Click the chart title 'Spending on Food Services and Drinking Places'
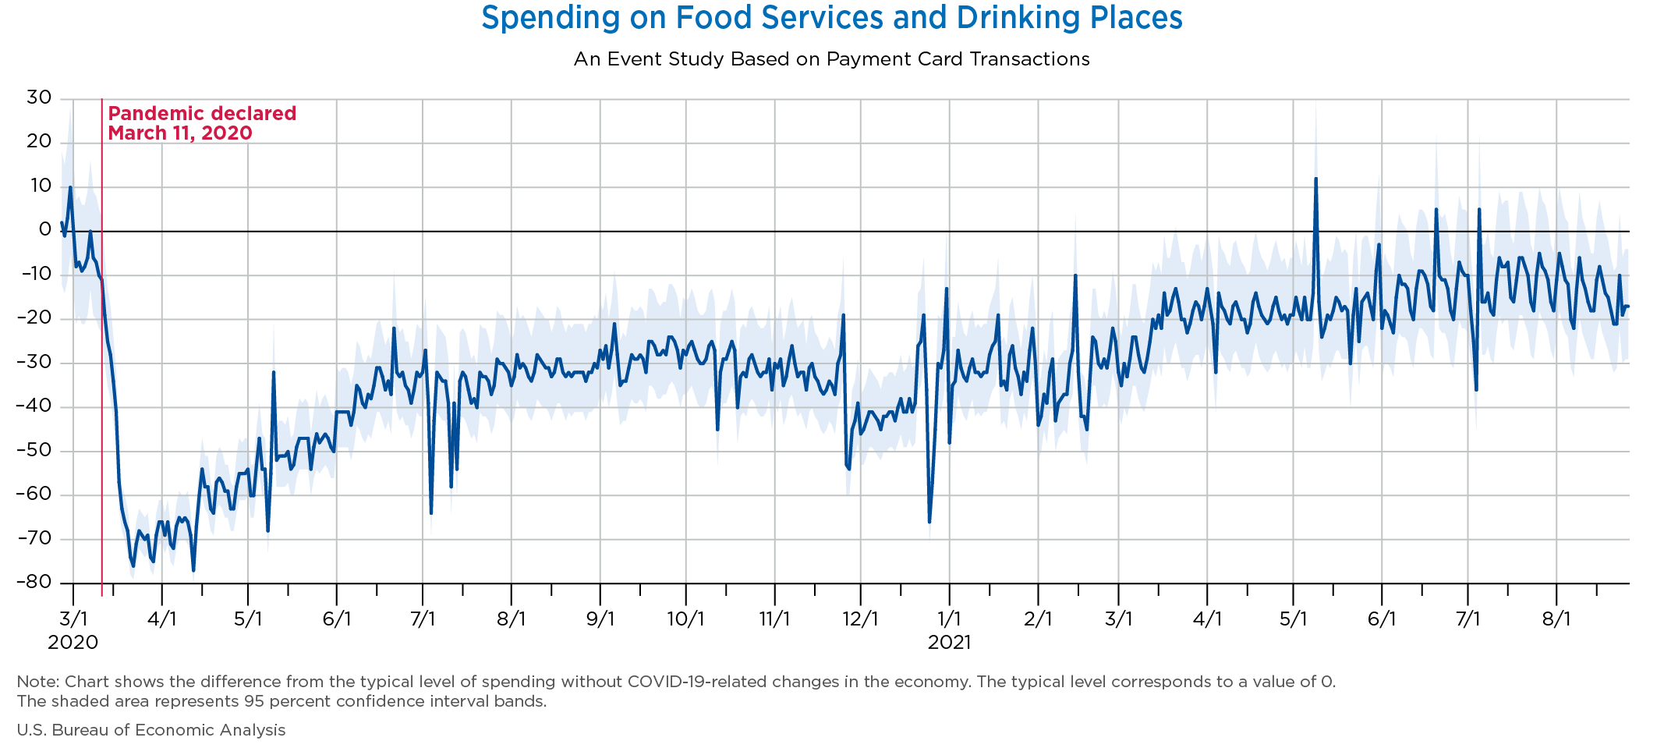pos(831,17)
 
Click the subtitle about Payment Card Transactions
pos(831,59)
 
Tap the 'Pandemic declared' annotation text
pos(201,114)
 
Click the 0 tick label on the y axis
pos(45,230)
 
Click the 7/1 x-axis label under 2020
pos(422,619)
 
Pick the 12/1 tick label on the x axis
pos(860,619)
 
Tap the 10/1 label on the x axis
pos(685,619)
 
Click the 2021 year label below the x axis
pos(949,643)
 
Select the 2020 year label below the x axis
pos(73,643)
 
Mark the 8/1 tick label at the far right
pos(1556,619)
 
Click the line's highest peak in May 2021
pos(1315,179)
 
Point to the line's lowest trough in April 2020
pos(193,570)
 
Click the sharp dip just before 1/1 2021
pos(929,521)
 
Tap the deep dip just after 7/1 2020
pos(431,512)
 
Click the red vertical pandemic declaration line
pos(102,351)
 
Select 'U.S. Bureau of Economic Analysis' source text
pos(151,730)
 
